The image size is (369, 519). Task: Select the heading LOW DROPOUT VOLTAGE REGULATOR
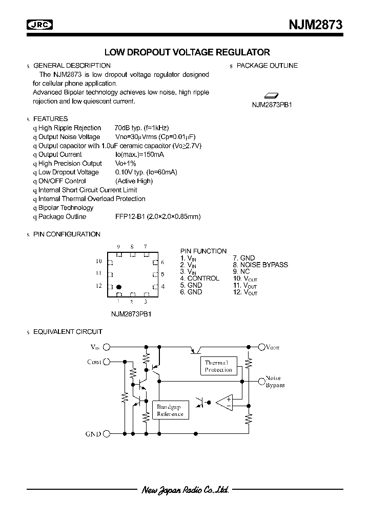click(187, 52)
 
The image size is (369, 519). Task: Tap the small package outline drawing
click(271, 95)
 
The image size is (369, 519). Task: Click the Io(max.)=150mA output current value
click(139, 154)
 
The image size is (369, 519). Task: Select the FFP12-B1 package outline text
click(158, 217)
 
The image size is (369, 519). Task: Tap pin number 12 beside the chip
click(99, 286)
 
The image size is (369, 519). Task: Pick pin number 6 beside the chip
click(162, 262)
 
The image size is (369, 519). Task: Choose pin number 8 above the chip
click(132, 247)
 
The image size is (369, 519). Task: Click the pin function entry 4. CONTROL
click(199, 278)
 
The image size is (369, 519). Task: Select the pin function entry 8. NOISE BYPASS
click(260, 265)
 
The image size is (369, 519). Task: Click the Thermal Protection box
click(218, 366)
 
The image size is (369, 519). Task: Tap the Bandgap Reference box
click(170, 410)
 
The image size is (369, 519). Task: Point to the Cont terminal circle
click(107, 362)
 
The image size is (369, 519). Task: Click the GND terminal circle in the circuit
click(107, 434)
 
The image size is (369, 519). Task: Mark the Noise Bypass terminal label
click(275, 382)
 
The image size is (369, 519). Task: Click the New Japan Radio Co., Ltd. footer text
click(184, 490)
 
